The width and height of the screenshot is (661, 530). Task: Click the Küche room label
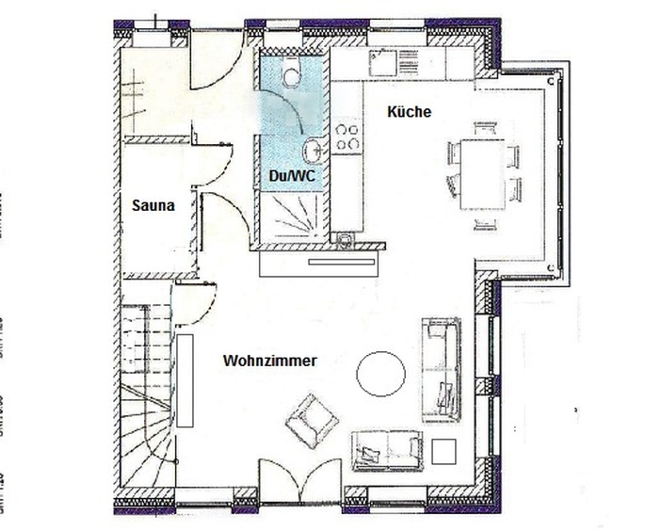tap(408, 111)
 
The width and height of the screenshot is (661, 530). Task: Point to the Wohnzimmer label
tap(269, 361)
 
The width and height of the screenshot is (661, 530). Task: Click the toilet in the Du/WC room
tap(291, 72)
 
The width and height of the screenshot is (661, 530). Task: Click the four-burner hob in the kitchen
tap(347, 137)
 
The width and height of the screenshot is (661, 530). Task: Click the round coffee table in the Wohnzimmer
tap(380, 374)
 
